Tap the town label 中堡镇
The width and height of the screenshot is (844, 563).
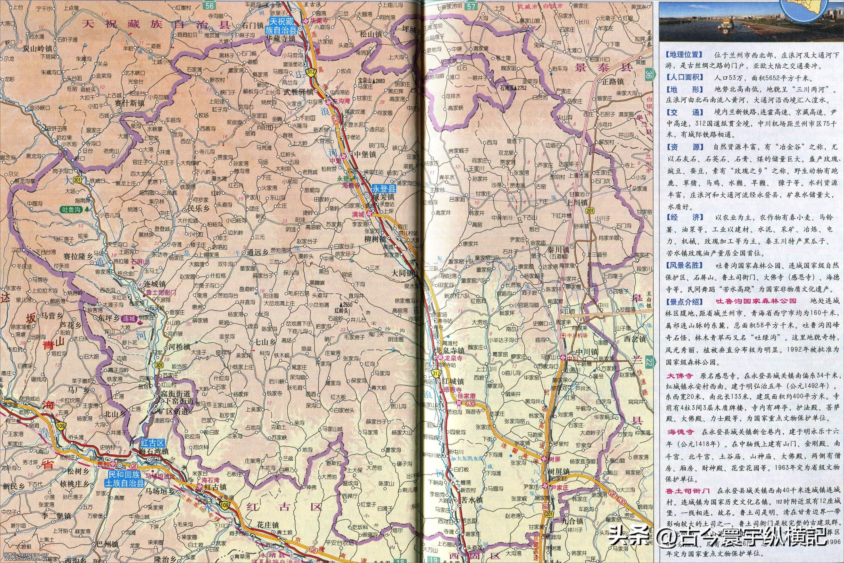click(365, 155)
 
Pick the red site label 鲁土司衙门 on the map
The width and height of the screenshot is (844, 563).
click(161, 292)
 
